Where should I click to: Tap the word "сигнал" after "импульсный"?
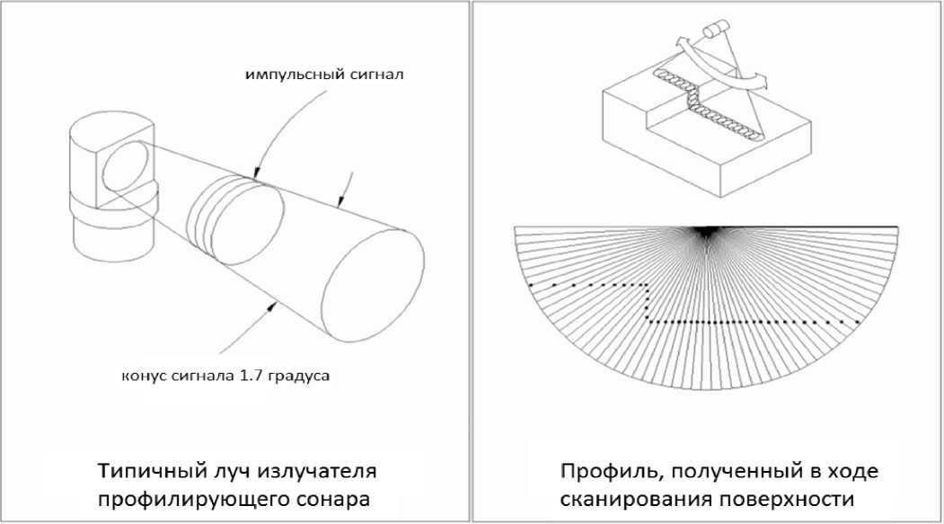372,74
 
